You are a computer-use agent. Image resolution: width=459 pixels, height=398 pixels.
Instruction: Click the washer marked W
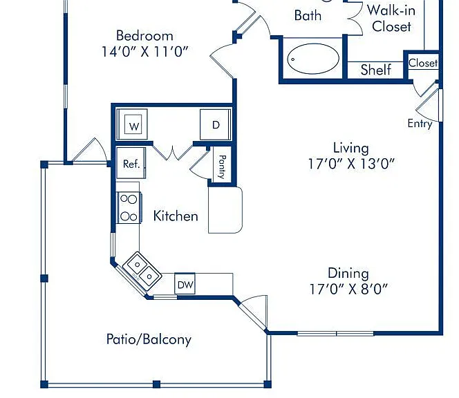(x=132, y=124)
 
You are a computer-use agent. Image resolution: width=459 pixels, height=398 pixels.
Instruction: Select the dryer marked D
(x=216, y=124)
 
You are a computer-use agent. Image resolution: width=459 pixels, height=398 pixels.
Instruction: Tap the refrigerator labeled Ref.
(x=131, y=163)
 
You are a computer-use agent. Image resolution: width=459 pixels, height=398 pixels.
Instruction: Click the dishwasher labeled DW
(x=185, y=283)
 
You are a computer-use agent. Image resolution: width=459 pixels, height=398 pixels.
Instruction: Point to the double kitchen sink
(x=142, y=271)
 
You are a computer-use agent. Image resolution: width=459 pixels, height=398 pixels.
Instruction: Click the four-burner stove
(x=129, y=208)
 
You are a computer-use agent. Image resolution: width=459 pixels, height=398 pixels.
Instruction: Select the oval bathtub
(x=313, y=59)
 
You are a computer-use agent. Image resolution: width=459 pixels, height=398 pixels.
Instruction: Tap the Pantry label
(x=222, y=167)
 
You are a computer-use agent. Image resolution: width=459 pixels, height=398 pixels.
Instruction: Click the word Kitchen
(x=176, y=216)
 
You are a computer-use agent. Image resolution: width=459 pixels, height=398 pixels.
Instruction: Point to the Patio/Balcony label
(x=149, y=339)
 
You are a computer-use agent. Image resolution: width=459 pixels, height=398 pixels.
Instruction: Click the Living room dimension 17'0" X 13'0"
(x=351, y=164)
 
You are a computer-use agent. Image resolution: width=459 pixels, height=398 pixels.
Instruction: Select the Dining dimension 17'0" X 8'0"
(x=348, y=289)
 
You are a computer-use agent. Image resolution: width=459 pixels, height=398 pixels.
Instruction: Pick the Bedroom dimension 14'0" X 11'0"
(x=144, y=52)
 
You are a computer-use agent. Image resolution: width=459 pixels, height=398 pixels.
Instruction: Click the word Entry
(x=420, y=124)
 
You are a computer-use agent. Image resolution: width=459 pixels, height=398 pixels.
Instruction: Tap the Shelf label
(x=376, y=70)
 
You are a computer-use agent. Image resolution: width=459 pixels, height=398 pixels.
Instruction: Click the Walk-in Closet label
(x=391, y=19)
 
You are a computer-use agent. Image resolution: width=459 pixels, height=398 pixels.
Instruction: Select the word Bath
(x=308, y=15)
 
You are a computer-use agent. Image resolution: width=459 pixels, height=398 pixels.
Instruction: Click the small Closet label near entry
(x=423, y=63)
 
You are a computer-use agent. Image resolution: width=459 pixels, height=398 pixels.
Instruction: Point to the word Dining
(x=348, y=274)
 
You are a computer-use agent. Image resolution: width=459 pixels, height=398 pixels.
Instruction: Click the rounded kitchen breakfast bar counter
(x=225, y=209)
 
